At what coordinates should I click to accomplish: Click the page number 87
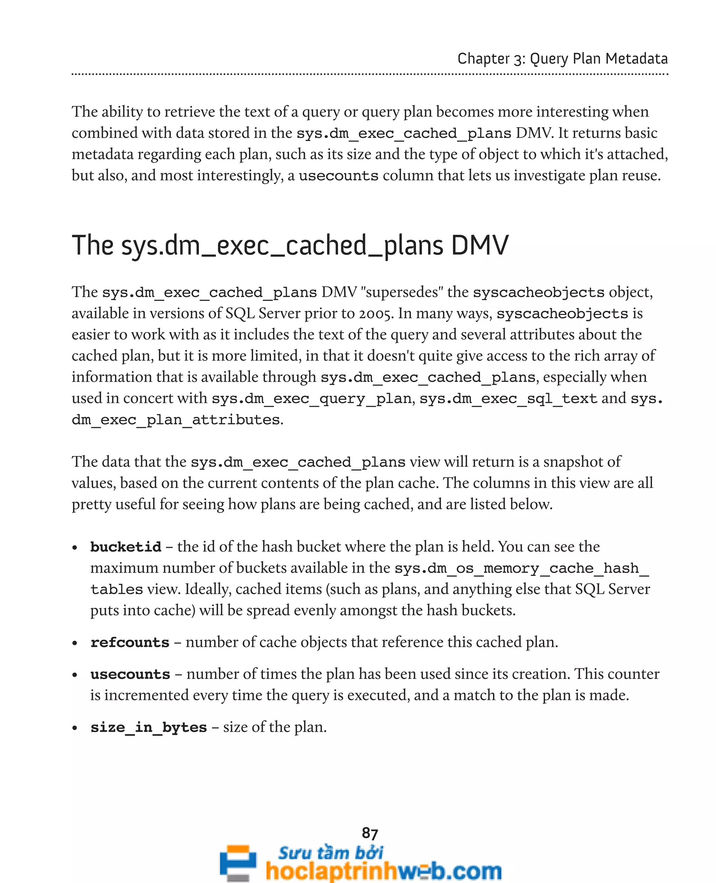pyautogui.click(x=370, y=833)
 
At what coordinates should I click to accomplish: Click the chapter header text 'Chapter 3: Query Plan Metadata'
pyautogui.click(x=562, y=59)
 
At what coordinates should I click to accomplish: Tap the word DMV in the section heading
pyautogui.click(x=480, y=245)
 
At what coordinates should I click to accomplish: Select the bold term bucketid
pyautogui.click(x=126, y=547)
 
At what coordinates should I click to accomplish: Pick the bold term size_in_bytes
pyautogui.click(x=149, y=727)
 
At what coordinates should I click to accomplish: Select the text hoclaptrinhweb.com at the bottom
pyautogui.click(x=384, y=871)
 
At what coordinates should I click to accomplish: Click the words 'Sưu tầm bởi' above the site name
pyautogui.click(x=330, y=852)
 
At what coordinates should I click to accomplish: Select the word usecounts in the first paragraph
pyautogui.click(x=338, y=176)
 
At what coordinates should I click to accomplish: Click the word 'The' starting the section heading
pyautogui.click(x=92, y=245)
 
